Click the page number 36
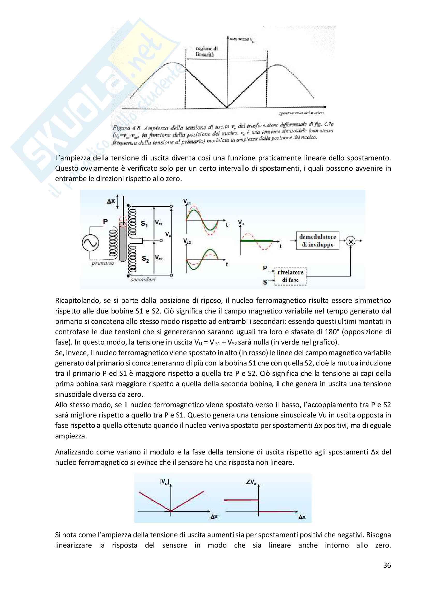(387, 565)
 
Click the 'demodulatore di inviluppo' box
(317, 241)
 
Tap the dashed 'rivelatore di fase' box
(290, 276)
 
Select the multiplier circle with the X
(351, 241)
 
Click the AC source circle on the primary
(90, 243)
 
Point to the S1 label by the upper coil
(144, 224)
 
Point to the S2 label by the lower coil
(145, 258)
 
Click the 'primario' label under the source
(102, 263)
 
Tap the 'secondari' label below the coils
(143, 280)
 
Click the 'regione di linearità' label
(206, 51)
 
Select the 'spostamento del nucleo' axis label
(301, 113)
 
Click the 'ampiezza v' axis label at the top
(241, 39)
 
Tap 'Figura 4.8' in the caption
(127, 128)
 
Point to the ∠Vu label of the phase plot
(251, 482)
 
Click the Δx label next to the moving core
(111, 201)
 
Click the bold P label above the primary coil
(105, 222)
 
